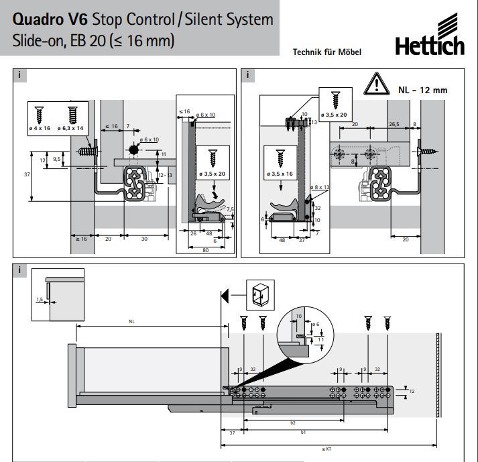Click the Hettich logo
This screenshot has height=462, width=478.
(x=429, y=46)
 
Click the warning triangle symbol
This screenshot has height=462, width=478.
(x=377, y=86)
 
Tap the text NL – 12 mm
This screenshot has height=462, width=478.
(x=422, y=89)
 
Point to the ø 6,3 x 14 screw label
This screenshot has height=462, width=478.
(x=71, y=127)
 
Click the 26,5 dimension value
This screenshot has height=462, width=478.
(x=394, y=124)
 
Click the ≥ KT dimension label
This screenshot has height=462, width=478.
(x=326, y=449)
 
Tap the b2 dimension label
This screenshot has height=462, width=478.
(x=292, y=423)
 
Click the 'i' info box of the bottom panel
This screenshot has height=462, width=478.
(x=20, y=271)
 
